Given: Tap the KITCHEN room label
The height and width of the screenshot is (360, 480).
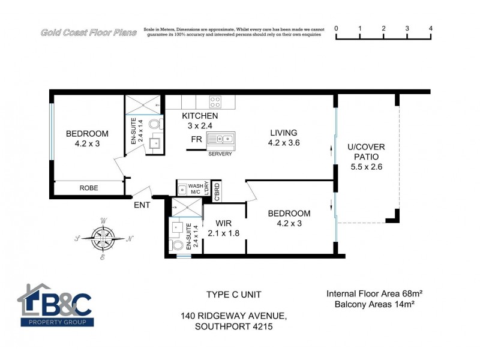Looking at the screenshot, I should pos(200,116).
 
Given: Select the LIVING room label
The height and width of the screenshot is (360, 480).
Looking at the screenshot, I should pos(283,133).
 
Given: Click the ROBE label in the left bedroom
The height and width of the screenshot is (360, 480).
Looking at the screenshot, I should pos(89,188).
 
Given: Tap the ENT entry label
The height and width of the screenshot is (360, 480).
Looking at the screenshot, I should pos(142,205).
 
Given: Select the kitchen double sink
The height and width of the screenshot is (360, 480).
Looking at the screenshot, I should pos(221,139).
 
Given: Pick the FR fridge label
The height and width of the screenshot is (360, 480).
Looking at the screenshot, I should pos(196,139).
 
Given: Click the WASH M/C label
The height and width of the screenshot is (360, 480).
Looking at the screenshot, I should pos(196,189).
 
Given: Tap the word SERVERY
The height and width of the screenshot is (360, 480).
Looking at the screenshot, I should pos(220,154).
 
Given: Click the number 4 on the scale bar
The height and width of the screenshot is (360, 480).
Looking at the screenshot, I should pos(431,28).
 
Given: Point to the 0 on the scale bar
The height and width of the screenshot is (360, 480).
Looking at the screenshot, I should pos(336,28).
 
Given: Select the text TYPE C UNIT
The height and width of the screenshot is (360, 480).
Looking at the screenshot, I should pos(233,295).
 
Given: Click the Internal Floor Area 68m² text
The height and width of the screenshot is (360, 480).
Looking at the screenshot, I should pos(374,294).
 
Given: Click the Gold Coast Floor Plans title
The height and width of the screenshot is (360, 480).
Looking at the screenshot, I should pos(88,32).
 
